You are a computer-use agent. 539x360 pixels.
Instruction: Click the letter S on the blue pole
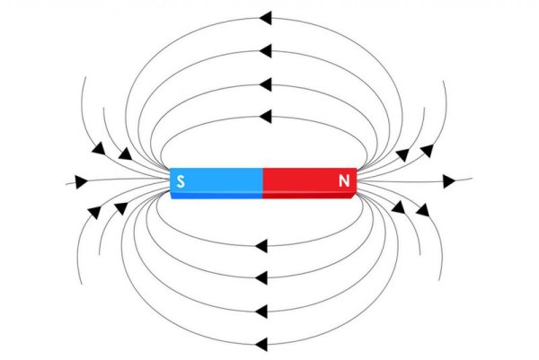(181, 181)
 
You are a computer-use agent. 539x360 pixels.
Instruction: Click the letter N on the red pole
(344, 181)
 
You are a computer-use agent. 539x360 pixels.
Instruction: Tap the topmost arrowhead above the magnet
(264, 17)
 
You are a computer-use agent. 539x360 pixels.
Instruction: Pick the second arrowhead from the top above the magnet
(264, 49)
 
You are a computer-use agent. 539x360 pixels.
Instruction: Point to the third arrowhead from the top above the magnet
(264, 84)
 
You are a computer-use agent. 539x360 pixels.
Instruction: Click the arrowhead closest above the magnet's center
(264, 116)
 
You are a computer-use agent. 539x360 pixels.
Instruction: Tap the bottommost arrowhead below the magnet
(263, 343)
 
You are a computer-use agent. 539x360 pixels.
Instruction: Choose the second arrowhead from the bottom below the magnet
(263, 312)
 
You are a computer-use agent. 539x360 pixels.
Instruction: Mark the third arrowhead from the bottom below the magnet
(263, 276)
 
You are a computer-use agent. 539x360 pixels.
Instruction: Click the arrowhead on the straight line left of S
(83, 181)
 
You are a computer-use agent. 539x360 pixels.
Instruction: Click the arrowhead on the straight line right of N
(448, 181)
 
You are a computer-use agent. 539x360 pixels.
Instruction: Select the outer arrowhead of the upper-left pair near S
(98, 148)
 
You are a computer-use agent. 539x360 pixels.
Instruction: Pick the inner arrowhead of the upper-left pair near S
(124, 154)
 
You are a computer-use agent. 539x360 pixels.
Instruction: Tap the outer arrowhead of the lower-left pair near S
(93, 212)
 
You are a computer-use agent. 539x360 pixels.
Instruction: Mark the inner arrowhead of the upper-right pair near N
(403, 154)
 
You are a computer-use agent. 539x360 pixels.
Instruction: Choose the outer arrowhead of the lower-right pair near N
(422, 211)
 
